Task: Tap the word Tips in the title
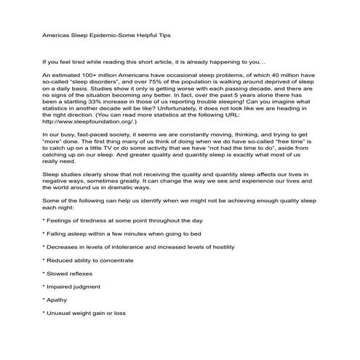coord(160,34)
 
